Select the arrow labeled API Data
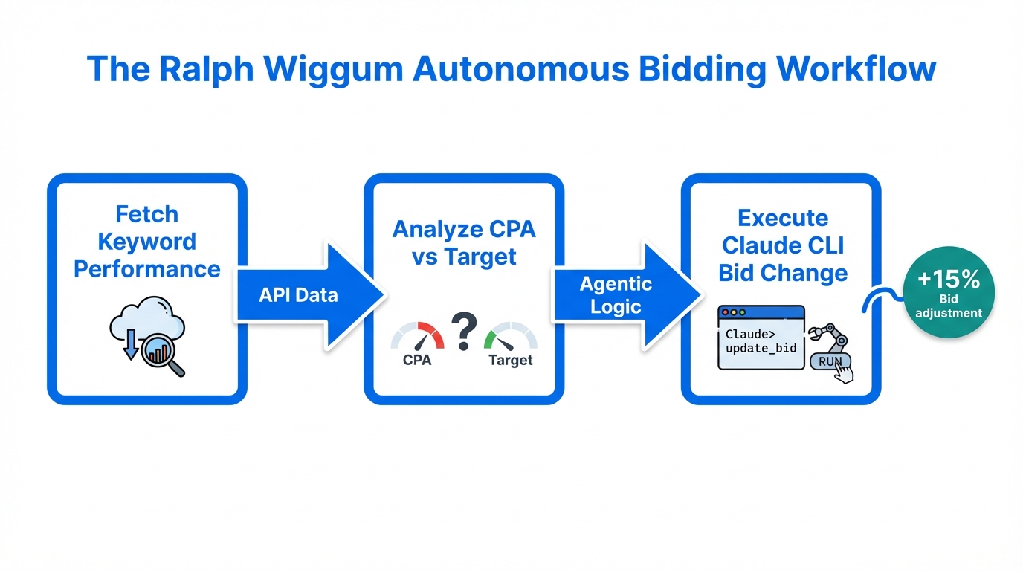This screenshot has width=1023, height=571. coord(305,295)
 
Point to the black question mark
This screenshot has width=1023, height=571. coord(463,332)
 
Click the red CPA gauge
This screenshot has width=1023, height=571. coord(417,337)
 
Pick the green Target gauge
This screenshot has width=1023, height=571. coord(510,337)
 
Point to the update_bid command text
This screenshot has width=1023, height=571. coord(761,348)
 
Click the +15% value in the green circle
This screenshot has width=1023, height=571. coord(948,280)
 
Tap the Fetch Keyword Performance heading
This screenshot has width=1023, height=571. coord(147,242)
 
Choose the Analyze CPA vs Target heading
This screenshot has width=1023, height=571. coord(464,242)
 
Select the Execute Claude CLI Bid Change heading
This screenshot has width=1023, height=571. coord(782,245)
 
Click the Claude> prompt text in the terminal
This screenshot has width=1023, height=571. coord(750,334)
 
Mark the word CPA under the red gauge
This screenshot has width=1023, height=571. coord(417,361)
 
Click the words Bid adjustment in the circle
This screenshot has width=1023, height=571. coord(948,306)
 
